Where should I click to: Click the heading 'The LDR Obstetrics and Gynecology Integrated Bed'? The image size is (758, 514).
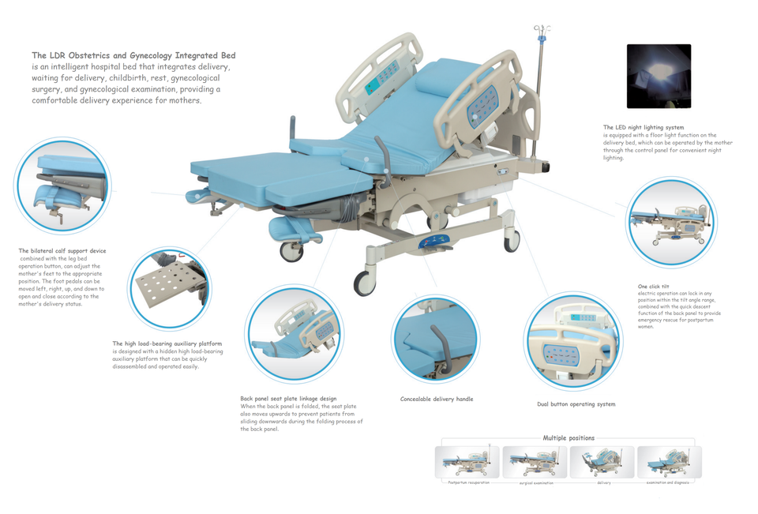click(x=133, y=55)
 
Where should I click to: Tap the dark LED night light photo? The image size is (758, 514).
click(x=659, y=77)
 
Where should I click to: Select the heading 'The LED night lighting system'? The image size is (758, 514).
click(x=644, y=127)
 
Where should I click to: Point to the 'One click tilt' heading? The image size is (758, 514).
click(x=653, y=287)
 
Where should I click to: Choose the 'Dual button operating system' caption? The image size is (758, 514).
click(x=576, y=404)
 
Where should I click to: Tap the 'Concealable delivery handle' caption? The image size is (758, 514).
click(x=437, y=400)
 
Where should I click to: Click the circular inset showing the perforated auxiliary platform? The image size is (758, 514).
click(x=169, y=288)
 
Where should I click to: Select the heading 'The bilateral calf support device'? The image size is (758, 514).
click(x=62, y=251)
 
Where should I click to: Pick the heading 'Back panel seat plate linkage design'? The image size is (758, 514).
click(x=288, y=399)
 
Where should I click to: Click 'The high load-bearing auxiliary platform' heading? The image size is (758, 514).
click(x=167, y=343)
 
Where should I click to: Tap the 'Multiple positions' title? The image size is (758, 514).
click(x=568, y=437)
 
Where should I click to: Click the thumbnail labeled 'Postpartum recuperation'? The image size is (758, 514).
click(x=467, y=462)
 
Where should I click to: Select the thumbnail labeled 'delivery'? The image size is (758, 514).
click(x=602, y=462)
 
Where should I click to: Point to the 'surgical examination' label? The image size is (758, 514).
click(x=536, y=482)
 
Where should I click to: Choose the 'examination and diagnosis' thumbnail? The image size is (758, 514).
click(x=669, y=462)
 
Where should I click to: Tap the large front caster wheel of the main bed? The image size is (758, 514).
click(x=365, y=283)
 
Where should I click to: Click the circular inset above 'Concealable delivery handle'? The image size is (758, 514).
click(x=435, y=339)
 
